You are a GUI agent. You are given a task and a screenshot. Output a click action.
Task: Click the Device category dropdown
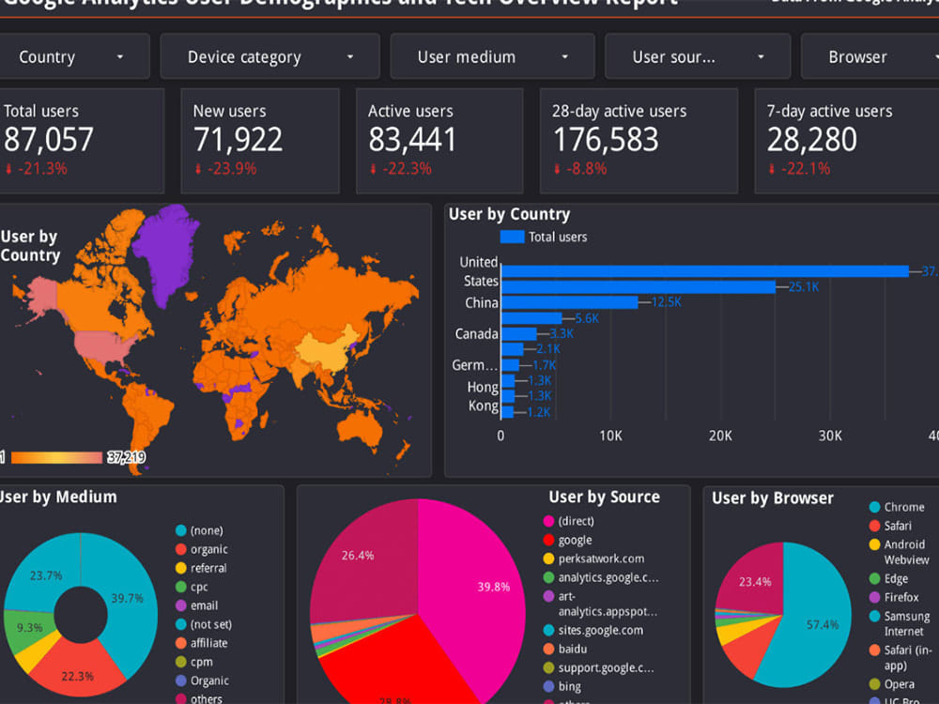pos(270,57)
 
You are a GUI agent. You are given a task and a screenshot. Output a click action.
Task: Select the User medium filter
pos(492,57)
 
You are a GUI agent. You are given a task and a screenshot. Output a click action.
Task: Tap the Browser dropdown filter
pos(869,57)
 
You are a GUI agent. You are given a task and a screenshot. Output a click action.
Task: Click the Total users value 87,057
pos(49,140)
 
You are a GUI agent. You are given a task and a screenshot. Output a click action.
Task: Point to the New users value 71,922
pos(238,140)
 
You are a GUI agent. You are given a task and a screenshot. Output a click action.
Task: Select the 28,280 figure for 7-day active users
pos(811,140)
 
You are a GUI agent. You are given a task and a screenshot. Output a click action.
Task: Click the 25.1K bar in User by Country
pos(639,287)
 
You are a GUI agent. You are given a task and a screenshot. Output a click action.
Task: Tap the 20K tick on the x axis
pos(720,436)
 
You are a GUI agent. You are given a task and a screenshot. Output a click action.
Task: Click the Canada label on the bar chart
pos(476,334)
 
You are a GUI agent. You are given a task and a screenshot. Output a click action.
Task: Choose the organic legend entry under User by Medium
pos(208,549)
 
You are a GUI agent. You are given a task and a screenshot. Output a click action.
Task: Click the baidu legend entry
pos(575,649)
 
